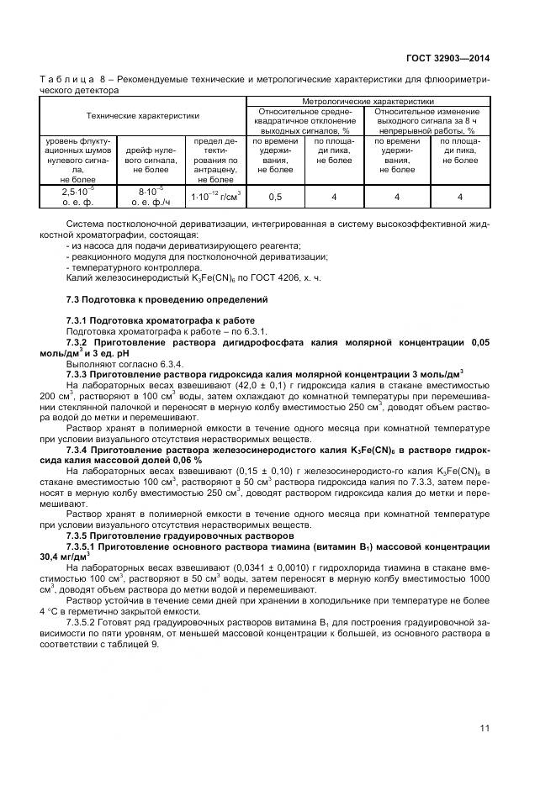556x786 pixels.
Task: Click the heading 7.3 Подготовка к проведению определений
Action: point(167,299)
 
